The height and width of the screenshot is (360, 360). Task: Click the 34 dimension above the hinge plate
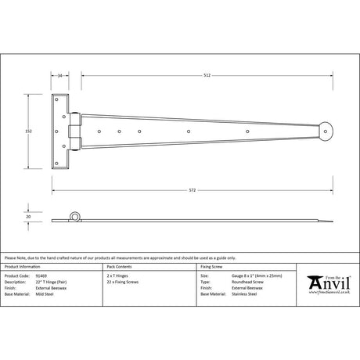click(61, 76)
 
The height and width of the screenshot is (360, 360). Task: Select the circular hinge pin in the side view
click(76, 216)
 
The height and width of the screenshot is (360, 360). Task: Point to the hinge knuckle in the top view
click(76, 131)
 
